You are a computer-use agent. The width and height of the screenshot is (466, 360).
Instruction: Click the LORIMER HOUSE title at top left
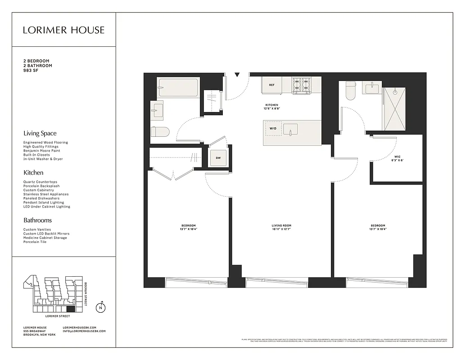point(64,30)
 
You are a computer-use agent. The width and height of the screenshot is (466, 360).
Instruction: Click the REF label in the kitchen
point(272,85)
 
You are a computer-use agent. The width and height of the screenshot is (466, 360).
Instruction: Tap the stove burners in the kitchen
point(302,85)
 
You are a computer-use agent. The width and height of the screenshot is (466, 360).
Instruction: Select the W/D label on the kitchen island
point(273,128)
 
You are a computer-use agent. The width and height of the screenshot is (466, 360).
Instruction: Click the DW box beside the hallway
point(218,158)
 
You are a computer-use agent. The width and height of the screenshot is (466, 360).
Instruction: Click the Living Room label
point(281,227)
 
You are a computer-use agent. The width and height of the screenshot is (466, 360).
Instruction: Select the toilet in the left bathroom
point(160,132)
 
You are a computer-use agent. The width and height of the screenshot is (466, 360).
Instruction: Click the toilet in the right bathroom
point(350,92)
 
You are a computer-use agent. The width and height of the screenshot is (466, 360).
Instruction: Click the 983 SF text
point(31,71)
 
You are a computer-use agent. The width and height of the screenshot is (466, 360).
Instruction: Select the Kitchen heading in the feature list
point(33,172)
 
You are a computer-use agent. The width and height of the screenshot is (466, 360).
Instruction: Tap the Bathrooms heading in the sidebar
point(37,220)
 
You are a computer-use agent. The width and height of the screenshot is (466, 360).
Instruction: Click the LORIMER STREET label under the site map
point(53,316)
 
